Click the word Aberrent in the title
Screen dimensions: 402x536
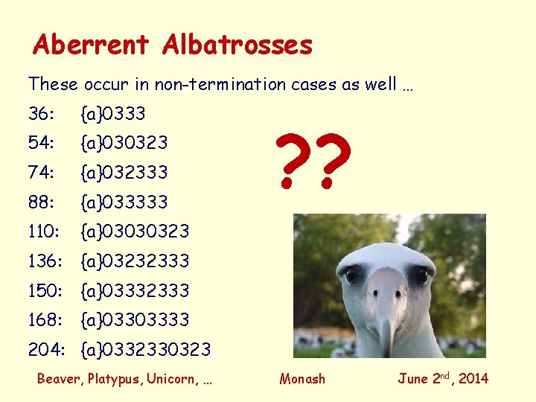[91, 45]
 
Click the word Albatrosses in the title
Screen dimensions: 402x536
[237, 45]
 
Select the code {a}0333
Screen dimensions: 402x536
[113, 114]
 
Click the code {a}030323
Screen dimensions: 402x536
[124, 143]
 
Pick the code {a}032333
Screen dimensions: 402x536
[124, 173]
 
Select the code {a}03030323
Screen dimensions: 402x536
[135, 232]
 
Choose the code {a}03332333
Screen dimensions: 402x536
[135, 290]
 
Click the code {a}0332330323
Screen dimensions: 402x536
[146, 349]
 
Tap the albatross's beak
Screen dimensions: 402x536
[386, 305]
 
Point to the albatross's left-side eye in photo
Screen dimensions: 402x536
[353, 275]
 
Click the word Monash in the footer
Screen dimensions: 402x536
[302, 379]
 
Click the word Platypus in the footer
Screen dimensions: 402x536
[115, 379]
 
